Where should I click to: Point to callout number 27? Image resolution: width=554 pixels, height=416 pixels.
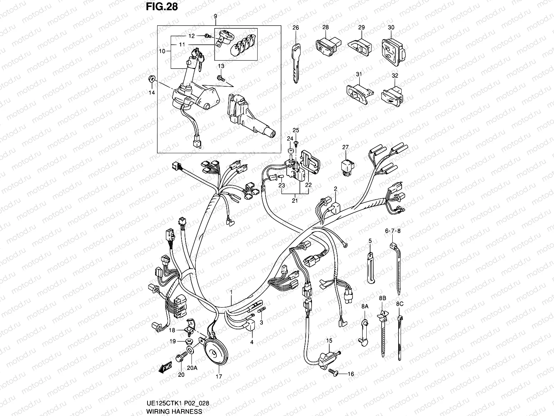[x=345, y=147]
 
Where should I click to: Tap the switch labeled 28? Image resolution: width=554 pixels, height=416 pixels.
[x=327, y=47]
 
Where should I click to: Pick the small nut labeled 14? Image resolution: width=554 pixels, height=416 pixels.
[x=151, y=79]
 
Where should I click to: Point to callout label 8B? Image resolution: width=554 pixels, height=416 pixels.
[x=382, y=298]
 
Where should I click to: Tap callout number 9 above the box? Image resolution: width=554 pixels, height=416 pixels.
[x=215, y=16]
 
